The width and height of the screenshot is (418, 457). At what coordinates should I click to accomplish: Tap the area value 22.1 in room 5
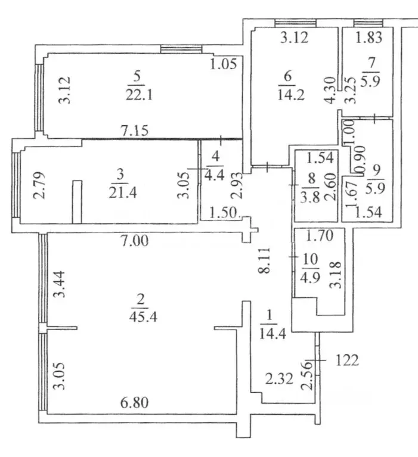click(x=139, y=95)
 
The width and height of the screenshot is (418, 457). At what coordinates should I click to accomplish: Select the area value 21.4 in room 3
click(x=122, y=192)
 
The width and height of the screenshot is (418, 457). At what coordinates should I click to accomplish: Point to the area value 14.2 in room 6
click(x=291, y=95)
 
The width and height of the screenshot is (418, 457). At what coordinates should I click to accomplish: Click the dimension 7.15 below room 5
click(x=135, y=130)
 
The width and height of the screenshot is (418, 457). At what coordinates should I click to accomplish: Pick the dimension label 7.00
click(x=135, y=241)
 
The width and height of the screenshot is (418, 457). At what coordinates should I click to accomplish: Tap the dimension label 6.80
click(x=135, y=403)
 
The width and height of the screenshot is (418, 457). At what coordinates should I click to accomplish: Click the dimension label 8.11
click(x=264, y=260)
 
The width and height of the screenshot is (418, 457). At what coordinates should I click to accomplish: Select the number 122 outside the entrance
click(x=347, y=360)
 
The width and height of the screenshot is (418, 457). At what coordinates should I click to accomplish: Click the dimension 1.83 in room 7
click(x=369, y=38)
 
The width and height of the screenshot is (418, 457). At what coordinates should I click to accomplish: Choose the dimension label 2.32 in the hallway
click(x=279, y=379)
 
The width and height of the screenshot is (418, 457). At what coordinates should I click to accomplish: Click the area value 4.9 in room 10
click(x=310, y=277)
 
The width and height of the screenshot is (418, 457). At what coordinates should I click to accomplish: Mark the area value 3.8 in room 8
click(x=310, y=198)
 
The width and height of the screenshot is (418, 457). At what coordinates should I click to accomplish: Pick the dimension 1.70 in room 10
click(x=320, y=235)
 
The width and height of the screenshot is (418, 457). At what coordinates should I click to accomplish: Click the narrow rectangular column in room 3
click(x=78, y=202)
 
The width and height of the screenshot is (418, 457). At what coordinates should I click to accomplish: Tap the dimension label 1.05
click(x=224, y=63)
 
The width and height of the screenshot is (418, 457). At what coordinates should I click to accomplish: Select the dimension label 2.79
click(x=39, y=185)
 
